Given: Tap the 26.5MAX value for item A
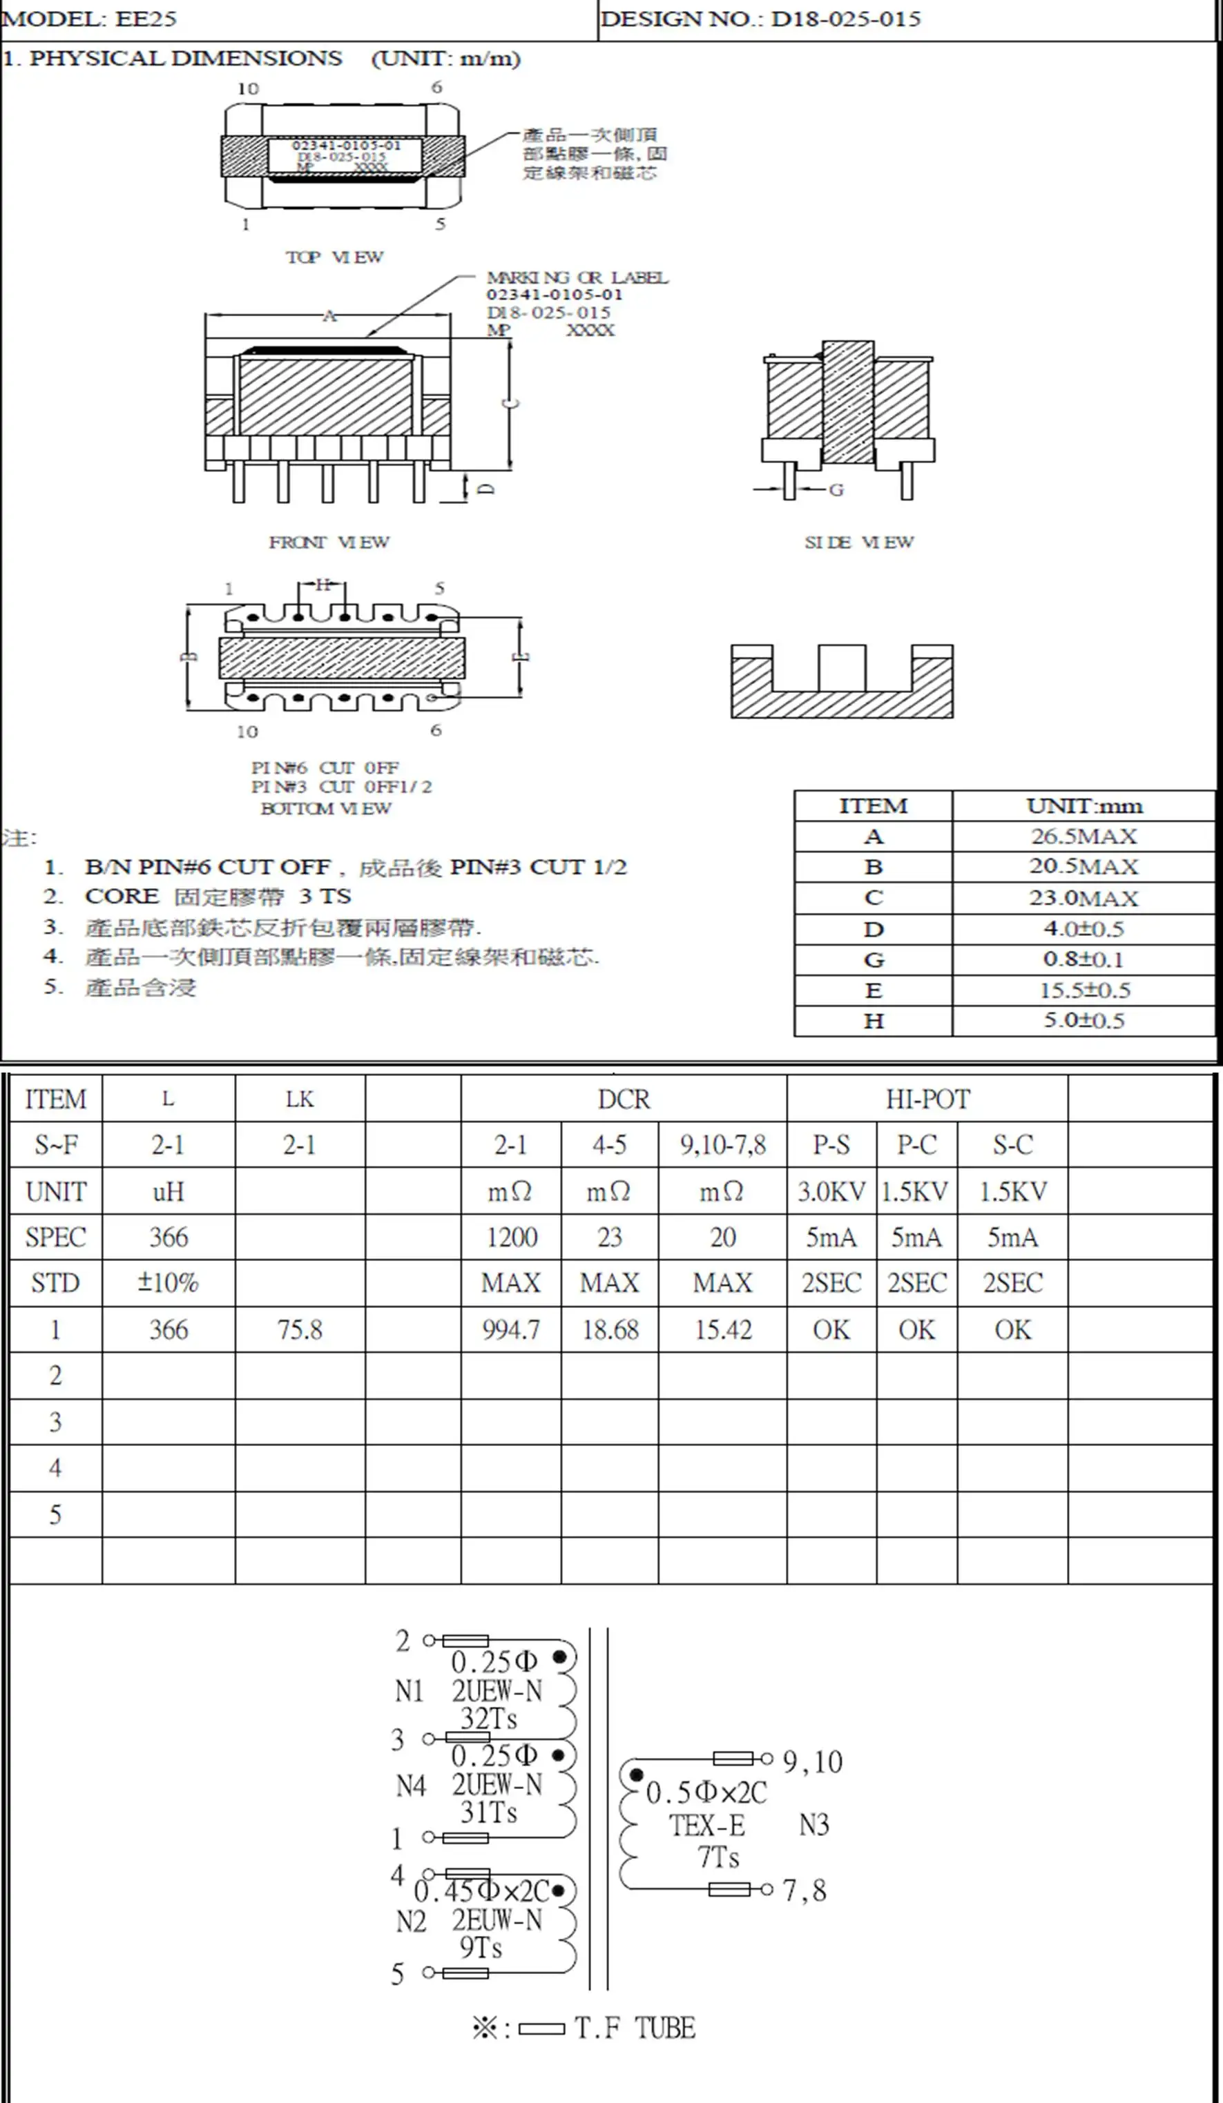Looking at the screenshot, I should click(x=1083, y=837).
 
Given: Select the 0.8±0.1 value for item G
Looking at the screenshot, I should click(x=1083, y=959).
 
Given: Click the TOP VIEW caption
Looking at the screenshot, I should click(x=334, y=257).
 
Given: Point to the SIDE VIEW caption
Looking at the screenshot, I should click(x=858, y=542).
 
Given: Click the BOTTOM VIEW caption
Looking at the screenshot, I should click(x=325, y=809).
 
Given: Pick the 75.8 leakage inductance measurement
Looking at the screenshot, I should click(x=300, y=1329).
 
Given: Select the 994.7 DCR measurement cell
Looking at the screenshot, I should click(x=511, y=1329).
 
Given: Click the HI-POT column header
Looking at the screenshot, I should click(x=927, y=1099).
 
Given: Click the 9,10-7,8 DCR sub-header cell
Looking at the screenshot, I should click(x=723, y=1145).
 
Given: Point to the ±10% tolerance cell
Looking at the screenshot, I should click(x=168, y=1282).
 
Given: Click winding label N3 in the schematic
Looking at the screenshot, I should click(x=814, y=1825).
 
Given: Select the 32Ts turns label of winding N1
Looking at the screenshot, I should click(x=489, y=1719).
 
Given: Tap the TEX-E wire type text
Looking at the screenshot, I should click(x=707, y=1826).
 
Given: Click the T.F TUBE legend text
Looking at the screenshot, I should click(x=635, y=2028).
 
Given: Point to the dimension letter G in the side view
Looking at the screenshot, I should click(x=836, y=490).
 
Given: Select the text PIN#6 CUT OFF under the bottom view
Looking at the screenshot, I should click(x=325, y=767).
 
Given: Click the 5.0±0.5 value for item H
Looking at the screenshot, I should click(x=1083, y=1021).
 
